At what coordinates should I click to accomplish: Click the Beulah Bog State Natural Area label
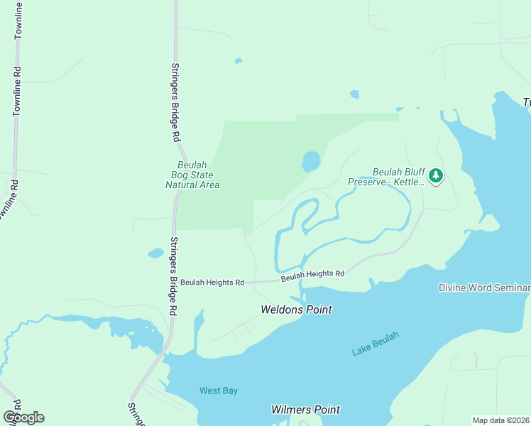click(x=192, y=175)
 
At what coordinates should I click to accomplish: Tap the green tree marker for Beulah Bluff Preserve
click(x=436, y=175)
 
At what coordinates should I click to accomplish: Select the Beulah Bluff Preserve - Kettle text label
click(x=386, y=177)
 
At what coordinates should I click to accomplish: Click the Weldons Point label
click(x=296, y=310)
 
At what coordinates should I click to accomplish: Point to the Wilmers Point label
click(x=305, y=410)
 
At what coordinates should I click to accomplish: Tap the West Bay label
click(x=218, y=390)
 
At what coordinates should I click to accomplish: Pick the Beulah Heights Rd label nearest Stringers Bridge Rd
click(x=212, y=282)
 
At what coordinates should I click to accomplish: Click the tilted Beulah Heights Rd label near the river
click(x=312, y=274)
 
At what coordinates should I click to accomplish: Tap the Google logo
click(x=23, y=417)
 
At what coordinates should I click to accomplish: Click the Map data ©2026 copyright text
click(x=500, y=420)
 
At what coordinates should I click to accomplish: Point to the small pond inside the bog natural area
click(x=310, y=162)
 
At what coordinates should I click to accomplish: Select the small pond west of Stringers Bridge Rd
click(x=155, y=253)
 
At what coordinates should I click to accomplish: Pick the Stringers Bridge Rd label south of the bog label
click(x=173, y=275)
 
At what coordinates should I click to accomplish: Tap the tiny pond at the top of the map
click(x=239, y=61)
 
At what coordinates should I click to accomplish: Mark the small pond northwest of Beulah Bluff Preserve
click(x=354, y=94)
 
